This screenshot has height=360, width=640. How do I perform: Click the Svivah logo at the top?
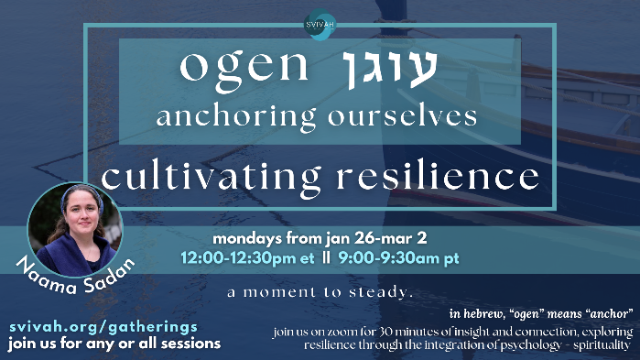coord(320,25)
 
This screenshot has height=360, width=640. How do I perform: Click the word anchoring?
coord(236,117)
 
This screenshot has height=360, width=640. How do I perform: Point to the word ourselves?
coord(403,115)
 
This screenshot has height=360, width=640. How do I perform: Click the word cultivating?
coord(211,178)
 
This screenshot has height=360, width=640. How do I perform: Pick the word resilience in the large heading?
coord(438,176)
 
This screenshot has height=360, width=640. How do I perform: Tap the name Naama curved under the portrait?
coord(46,277)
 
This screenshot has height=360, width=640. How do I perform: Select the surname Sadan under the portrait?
coord(110,276)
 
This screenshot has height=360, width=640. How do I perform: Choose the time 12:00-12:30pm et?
coord(247,258)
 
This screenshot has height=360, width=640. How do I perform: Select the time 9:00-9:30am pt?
coord(399,258)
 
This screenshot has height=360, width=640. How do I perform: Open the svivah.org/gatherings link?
coord(103,327)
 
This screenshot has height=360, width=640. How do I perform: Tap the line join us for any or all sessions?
coord(114,344)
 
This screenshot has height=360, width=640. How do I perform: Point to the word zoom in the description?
coord(346,332)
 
